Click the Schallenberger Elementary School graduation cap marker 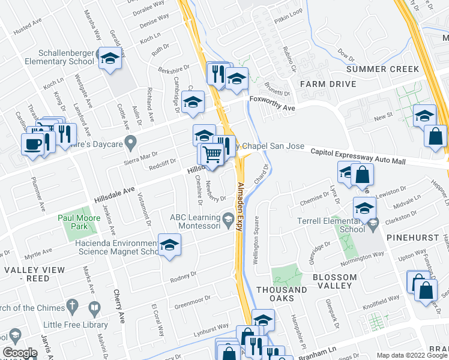point(109,58)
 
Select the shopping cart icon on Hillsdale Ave point(212,154)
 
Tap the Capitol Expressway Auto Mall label point(358,157)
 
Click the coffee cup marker point(31,143)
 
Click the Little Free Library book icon point(94,309)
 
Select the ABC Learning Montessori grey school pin point(228,221)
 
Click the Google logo point(20,353)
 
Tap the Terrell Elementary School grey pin point(373,224)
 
